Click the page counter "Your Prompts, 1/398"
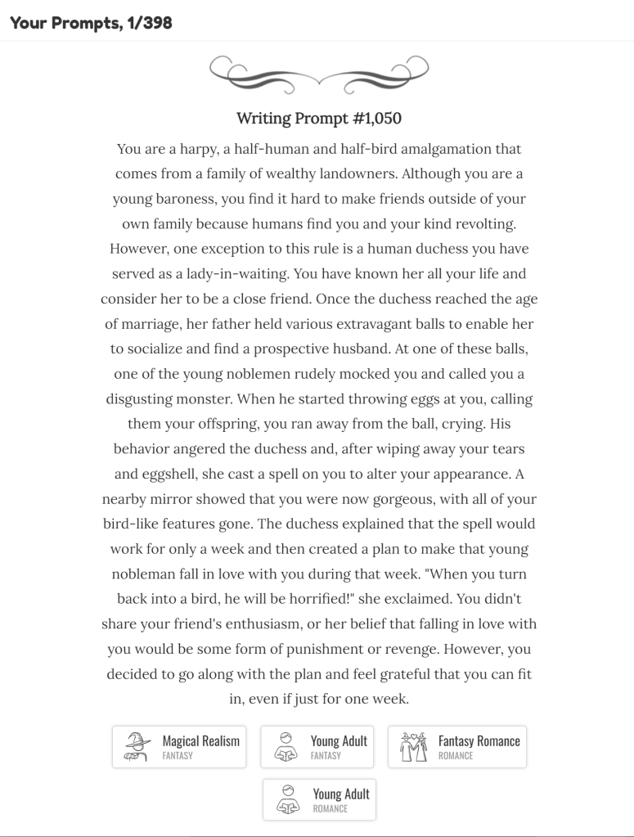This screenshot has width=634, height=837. click(91, 22)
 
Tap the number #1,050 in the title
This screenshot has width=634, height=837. click(377, 119)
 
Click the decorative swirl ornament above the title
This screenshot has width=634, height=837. click(318, 72)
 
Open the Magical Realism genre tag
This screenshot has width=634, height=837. click(179, 747)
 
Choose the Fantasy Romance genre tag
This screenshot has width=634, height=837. click(456, 747)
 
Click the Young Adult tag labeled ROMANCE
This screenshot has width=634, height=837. click(319, 799)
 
